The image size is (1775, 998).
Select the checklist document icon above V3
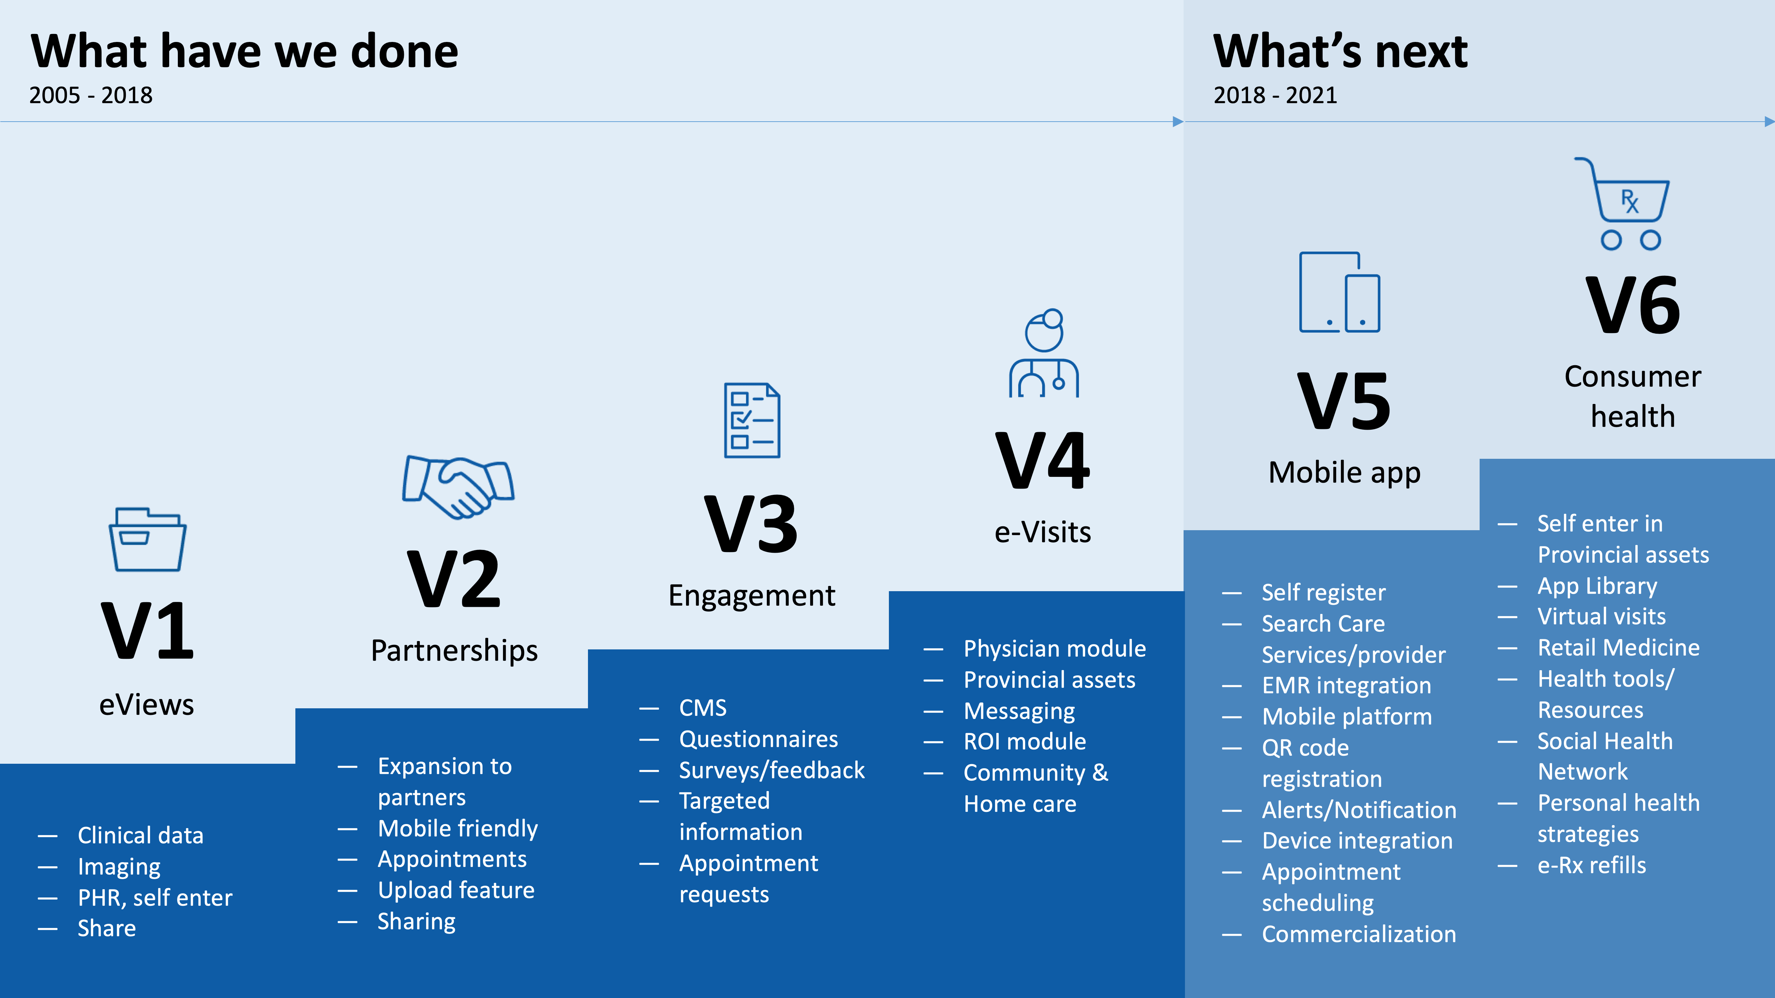point(752,420)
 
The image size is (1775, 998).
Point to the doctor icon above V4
point(1044,353)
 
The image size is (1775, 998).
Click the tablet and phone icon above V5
point(1340,292)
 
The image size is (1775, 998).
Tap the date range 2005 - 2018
point(91,95)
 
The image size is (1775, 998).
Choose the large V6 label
point(1633,305)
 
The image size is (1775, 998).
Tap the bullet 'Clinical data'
point(140,835)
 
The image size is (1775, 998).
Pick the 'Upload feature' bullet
point(456,891)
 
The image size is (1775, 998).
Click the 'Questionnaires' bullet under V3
point(759,739)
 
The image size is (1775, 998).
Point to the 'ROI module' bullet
point(1025,742)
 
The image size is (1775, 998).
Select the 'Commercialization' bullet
point(1359,935)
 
